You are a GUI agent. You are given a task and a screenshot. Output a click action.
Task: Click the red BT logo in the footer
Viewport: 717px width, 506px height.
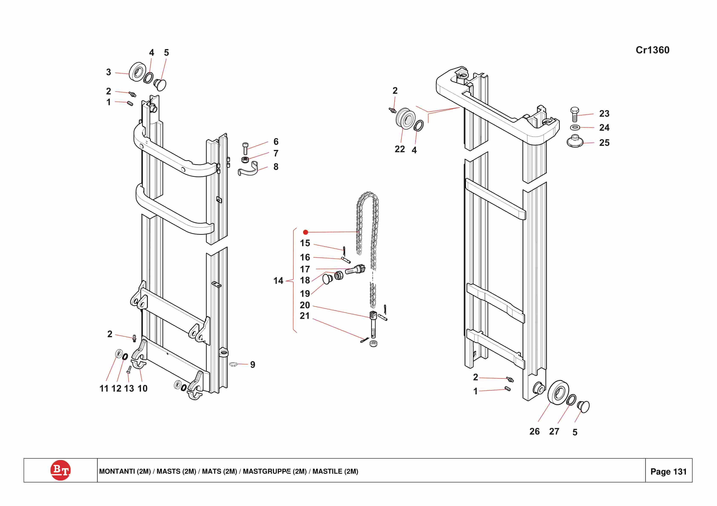(60, 470)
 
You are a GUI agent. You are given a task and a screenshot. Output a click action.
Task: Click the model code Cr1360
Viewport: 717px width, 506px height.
(652, 50)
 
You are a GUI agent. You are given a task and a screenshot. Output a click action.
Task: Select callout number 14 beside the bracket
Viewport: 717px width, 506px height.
(278, 281)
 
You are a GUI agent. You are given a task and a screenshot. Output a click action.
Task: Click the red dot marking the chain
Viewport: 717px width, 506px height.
(306, 232)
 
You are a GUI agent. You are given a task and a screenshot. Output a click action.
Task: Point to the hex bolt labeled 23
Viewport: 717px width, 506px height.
(574, 115)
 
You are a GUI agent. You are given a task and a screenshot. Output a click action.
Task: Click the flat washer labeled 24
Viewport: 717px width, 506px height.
(575, 127)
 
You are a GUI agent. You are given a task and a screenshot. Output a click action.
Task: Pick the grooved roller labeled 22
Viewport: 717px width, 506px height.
(405, 118)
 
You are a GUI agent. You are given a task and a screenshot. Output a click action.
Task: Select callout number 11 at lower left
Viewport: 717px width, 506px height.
(104, 388)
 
